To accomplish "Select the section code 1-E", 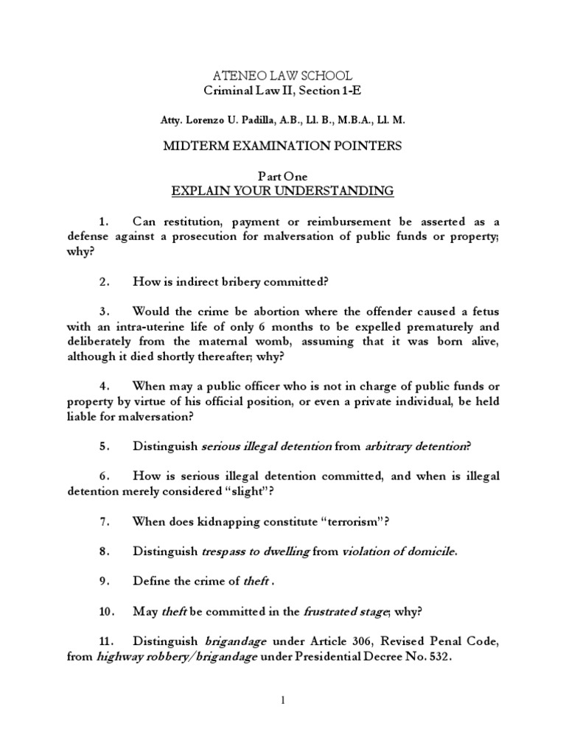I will pyautogui.click(x=352, y=91).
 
